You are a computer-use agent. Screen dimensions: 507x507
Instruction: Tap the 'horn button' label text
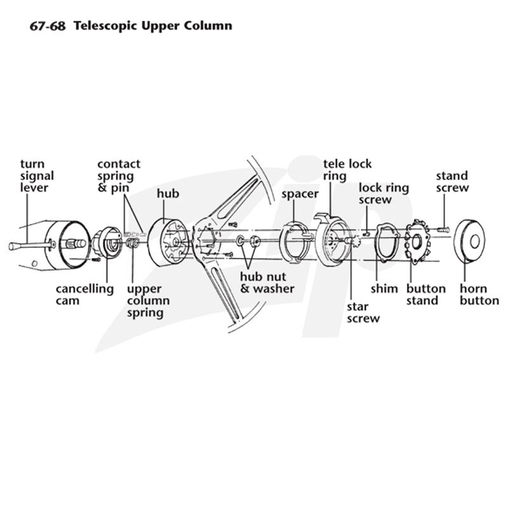(479, 295)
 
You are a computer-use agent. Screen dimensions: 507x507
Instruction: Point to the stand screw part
(443, 230)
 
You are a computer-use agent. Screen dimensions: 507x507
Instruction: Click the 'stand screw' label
(452, 182)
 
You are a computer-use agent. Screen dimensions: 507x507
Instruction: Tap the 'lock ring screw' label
(384, 194)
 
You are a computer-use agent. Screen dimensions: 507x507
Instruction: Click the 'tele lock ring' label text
(347, 170)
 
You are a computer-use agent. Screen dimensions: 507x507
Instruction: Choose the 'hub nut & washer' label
(267, 283)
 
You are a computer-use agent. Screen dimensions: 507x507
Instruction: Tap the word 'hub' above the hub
(168, 193)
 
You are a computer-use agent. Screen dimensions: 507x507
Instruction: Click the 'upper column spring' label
(148, 300)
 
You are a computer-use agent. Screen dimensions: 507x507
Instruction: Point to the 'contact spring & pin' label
(119, 176)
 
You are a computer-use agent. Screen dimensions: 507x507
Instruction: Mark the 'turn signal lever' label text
(37, 176)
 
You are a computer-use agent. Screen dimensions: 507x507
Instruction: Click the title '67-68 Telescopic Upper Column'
(131, 26)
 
